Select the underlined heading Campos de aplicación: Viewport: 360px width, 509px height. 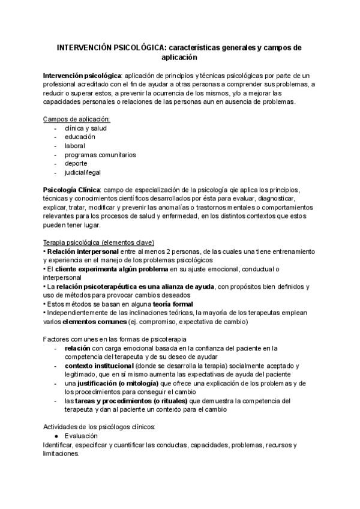(x=77, y=119)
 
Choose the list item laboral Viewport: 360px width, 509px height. (x=75, y=146)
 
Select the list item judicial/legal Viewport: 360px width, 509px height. (x=85, y=172)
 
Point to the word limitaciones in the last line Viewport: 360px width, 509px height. (x=61, y=454)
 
